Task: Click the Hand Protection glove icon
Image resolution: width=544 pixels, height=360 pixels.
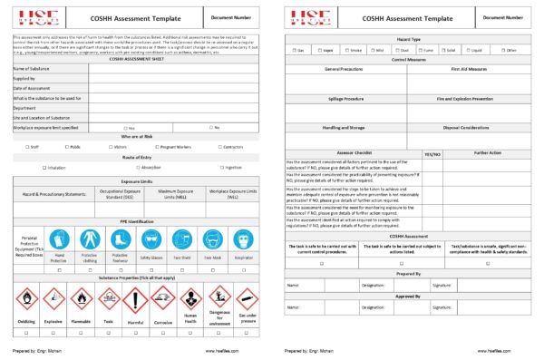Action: pyautogui.click(x=59, y=239)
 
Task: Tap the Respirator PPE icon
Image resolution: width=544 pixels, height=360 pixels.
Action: pyautogui.click(x=241, y=239)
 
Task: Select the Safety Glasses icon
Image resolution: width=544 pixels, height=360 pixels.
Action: pyautogui.click(x=150, y=239)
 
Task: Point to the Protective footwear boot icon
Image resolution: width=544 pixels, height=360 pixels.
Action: pyautogui.click(x=120, y=239)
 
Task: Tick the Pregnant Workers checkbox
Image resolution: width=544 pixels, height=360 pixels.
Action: pyautogui.click(x=157, y=145)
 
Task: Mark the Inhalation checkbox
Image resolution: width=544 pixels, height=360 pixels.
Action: pyautogui.click(x=44, y=168)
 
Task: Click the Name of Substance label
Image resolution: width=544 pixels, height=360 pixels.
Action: pyautogui.click(x=33, y=68)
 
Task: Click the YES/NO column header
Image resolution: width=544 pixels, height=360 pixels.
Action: pyautogui.click(x=432, y=155)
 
